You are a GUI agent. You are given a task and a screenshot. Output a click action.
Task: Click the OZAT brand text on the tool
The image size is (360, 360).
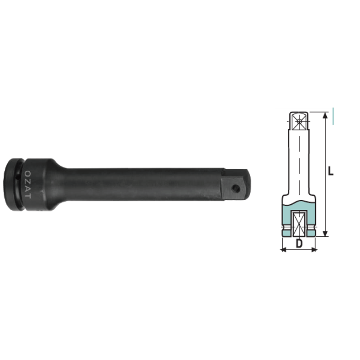(27, 184)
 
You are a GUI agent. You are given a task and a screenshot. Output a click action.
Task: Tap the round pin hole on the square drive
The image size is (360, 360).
(235, 189)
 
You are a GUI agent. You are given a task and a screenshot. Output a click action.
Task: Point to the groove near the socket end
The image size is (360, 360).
(21, 184)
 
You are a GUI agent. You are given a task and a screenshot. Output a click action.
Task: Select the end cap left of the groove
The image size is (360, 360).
(12, 184)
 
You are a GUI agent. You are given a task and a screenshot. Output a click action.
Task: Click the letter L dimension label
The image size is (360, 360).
(330, 171)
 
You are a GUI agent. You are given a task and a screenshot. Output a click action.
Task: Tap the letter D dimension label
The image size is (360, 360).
(299, 243)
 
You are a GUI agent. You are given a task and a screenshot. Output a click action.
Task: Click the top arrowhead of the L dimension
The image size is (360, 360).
(325, 115)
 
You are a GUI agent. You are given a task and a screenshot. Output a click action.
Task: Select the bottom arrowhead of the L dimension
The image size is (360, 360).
(325, 234)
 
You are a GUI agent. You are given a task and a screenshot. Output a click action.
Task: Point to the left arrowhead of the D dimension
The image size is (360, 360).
(283, 250)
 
